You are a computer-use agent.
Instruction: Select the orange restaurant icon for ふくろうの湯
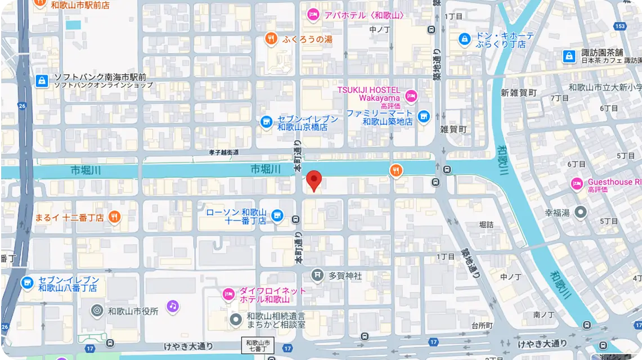point(271,39)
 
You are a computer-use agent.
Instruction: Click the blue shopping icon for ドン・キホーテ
point(465,39)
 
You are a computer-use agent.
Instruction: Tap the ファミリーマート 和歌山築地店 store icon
point(423,117)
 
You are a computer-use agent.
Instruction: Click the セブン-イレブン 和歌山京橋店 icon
point(266,120)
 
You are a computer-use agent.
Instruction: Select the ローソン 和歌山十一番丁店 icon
point(277,215)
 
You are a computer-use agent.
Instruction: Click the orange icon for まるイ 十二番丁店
point(114,217)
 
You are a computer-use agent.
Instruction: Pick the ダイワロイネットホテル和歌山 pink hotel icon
point(228,294)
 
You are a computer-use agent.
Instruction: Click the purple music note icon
point(173,306)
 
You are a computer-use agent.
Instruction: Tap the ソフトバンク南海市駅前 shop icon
point(42,81)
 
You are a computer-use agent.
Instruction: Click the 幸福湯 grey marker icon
point(581,212)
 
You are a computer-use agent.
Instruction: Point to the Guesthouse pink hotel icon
point(577,183)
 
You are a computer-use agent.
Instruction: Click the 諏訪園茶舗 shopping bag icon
point(569,56)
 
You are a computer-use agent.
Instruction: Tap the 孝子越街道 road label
point(223,152)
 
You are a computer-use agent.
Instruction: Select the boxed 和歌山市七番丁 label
point(259,346)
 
